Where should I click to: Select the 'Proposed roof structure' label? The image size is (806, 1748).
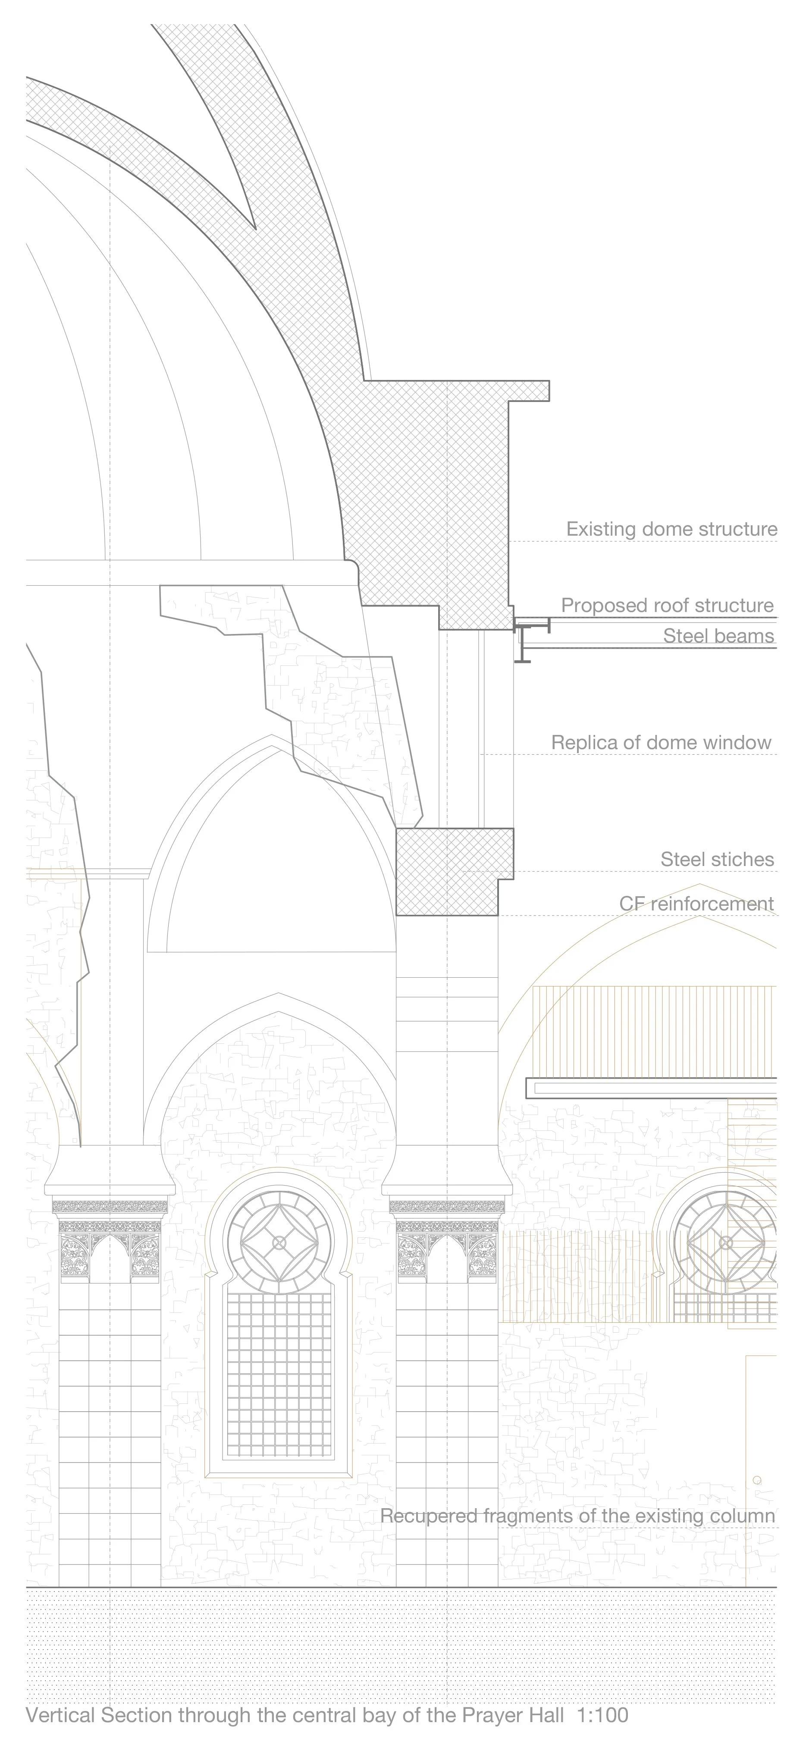click(x=667, y=605)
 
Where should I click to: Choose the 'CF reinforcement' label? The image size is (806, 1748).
click(x=696, y=904)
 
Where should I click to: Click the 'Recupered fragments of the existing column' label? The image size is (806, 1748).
click(x=577, y=1516)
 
